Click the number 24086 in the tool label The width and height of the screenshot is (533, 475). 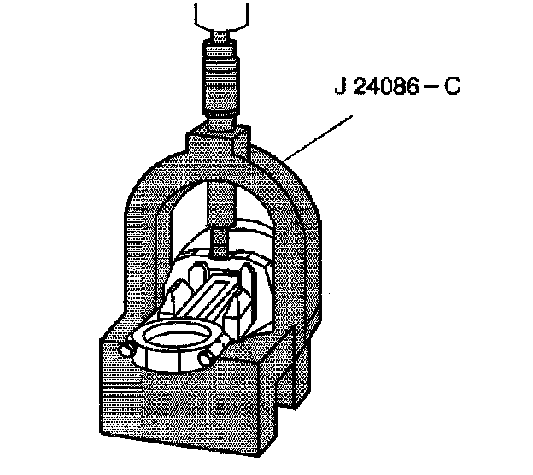[379, 88]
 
